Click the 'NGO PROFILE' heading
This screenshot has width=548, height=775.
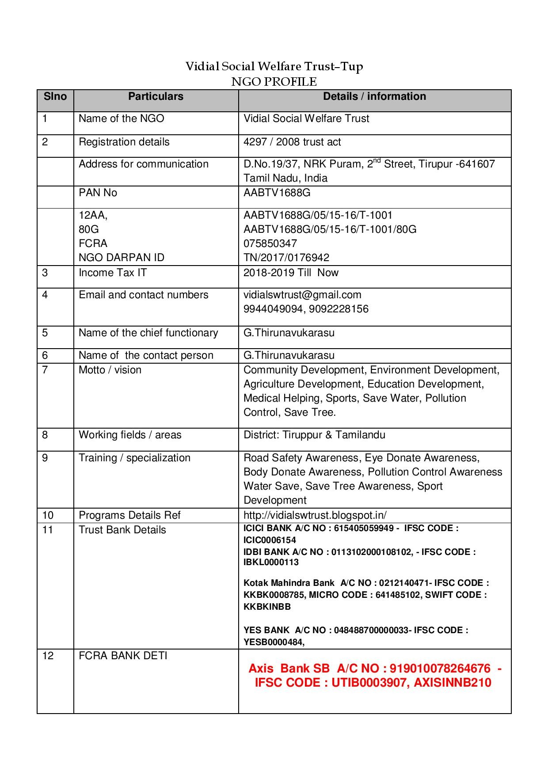click(x=274, y=82)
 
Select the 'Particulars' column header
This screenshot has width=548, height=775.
click(x=156, y=96)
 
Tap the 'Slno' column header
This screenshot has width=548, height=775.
click(x=55, y=96)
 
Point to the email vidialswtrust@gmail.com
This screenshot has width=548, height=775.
click(x=302, y=295)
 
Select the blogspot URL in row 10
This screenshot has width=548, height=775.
click(x=315, y=515)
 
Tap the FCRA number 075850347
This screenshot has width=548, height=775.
click(x=270, y=243)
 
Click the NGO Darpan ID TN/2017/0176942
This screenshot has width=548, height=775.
click(x=286, y=258)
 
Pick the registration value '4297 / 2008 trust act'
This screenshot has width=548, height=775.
click(x=292, y=142)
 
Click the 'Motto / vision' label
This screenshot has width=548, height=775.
click(x=110, y=370)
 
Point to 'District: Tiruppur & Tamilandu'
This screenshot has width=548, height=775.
click(x=314, y=435)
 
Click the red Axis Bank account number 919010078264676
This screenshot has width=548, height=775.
click(x=440, y=669)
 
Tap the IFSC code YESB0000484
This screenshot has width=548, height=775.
click(x=274, y=642)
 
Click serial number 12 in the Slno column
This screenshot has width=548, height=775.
click(x=48, y=656)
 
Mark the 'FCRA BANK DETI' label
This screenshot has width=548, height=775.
click(x=123, y=656)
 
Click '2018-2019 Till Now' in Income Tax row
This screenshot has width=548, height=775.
click(x=291, y=273)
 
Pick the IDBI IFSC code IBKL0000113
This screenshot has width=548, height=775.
click(x=271, y=562)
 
